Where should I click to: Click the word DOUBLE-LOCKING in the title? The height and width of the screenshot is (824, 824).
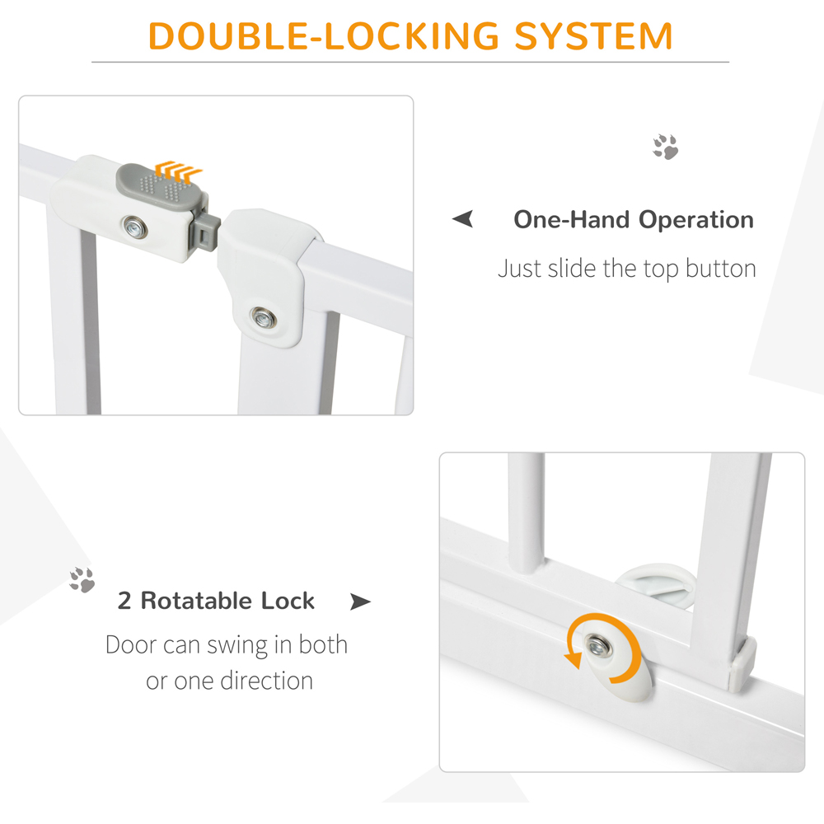coord(324,36)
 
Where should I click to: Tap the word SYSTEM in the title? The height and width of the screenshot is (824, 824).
coord(594,36)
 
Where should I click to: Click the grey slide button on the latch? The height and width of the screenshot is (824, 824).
coord(161,186)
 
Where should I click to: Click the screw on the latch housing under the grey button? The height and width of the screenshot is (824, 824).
coord(135,228)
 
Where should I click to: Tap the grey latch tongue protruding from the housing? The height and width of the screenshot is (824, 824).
coord(207,232)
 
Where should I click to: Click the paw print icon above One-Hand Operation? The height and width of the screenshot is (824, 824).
coord(665,147)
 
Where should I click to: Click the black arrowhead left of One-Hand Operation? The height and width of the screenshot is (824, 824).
coord(463,218)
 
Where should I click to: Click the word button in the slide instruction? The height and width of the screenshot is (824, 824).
coord(720,269)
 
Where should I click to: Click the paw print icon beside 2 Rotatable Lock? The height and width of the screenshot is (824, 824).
coord(82,579)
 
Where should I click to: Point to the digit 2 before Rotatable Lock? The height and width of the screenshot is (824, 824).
coord(124,601)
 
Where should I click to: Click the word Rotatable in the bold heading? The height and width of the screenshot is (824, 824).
coord(197,601)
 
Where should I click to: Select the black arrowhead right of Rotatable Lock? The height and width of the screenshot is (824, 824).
coord(361,602)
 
